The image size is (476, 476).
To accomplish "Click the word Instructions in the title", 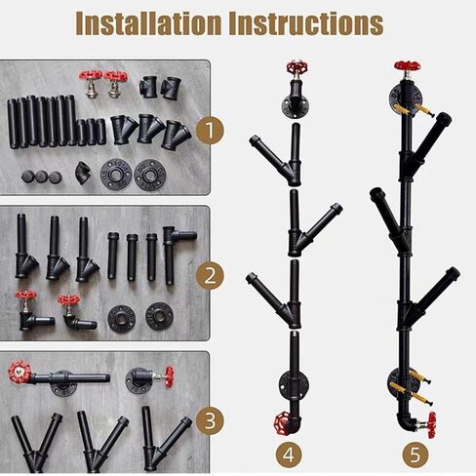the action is tap(306, 23).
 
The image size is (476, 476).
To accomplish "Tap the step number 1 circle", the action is tap(210, 131).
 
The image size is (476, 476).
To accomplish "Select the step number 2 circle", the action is tap(210, 276).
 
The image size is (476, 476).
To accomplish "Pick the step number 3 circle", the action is tap(210, 420).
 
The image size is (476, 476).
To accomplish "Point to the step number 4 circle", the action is tap(289, 456).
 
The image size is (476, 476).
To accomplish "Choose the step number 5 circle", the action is tap(416, 456).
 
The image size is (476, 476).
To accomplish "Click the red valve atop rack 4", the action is tap(297, 67).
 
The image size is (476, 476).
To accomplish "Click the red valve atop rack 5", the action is tap(408, 65).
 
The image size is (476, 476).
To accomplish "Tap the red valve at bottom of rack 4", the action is tap(283, 424).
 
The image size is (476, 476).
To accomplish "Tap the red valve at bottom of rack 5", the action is tap(431, 425).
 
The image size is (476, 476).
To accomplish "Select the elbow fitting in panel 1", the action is tap(84, 172).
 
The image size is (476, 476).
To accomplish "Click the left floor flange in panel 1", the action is tap(115, 175).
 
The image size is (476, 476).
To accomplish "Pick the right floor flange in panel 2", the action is tap(159, 316).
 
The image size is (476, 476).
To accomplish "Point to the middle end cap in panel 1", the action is tap(42, 177).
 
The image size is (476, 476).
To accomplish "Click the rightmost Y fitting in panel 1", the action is tap(176, 135).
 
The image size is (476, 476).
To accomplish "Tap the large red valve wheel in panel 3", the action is tap(20, 373).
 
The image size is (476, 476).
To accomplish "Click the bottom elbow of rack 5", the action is tap(405, 422).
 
